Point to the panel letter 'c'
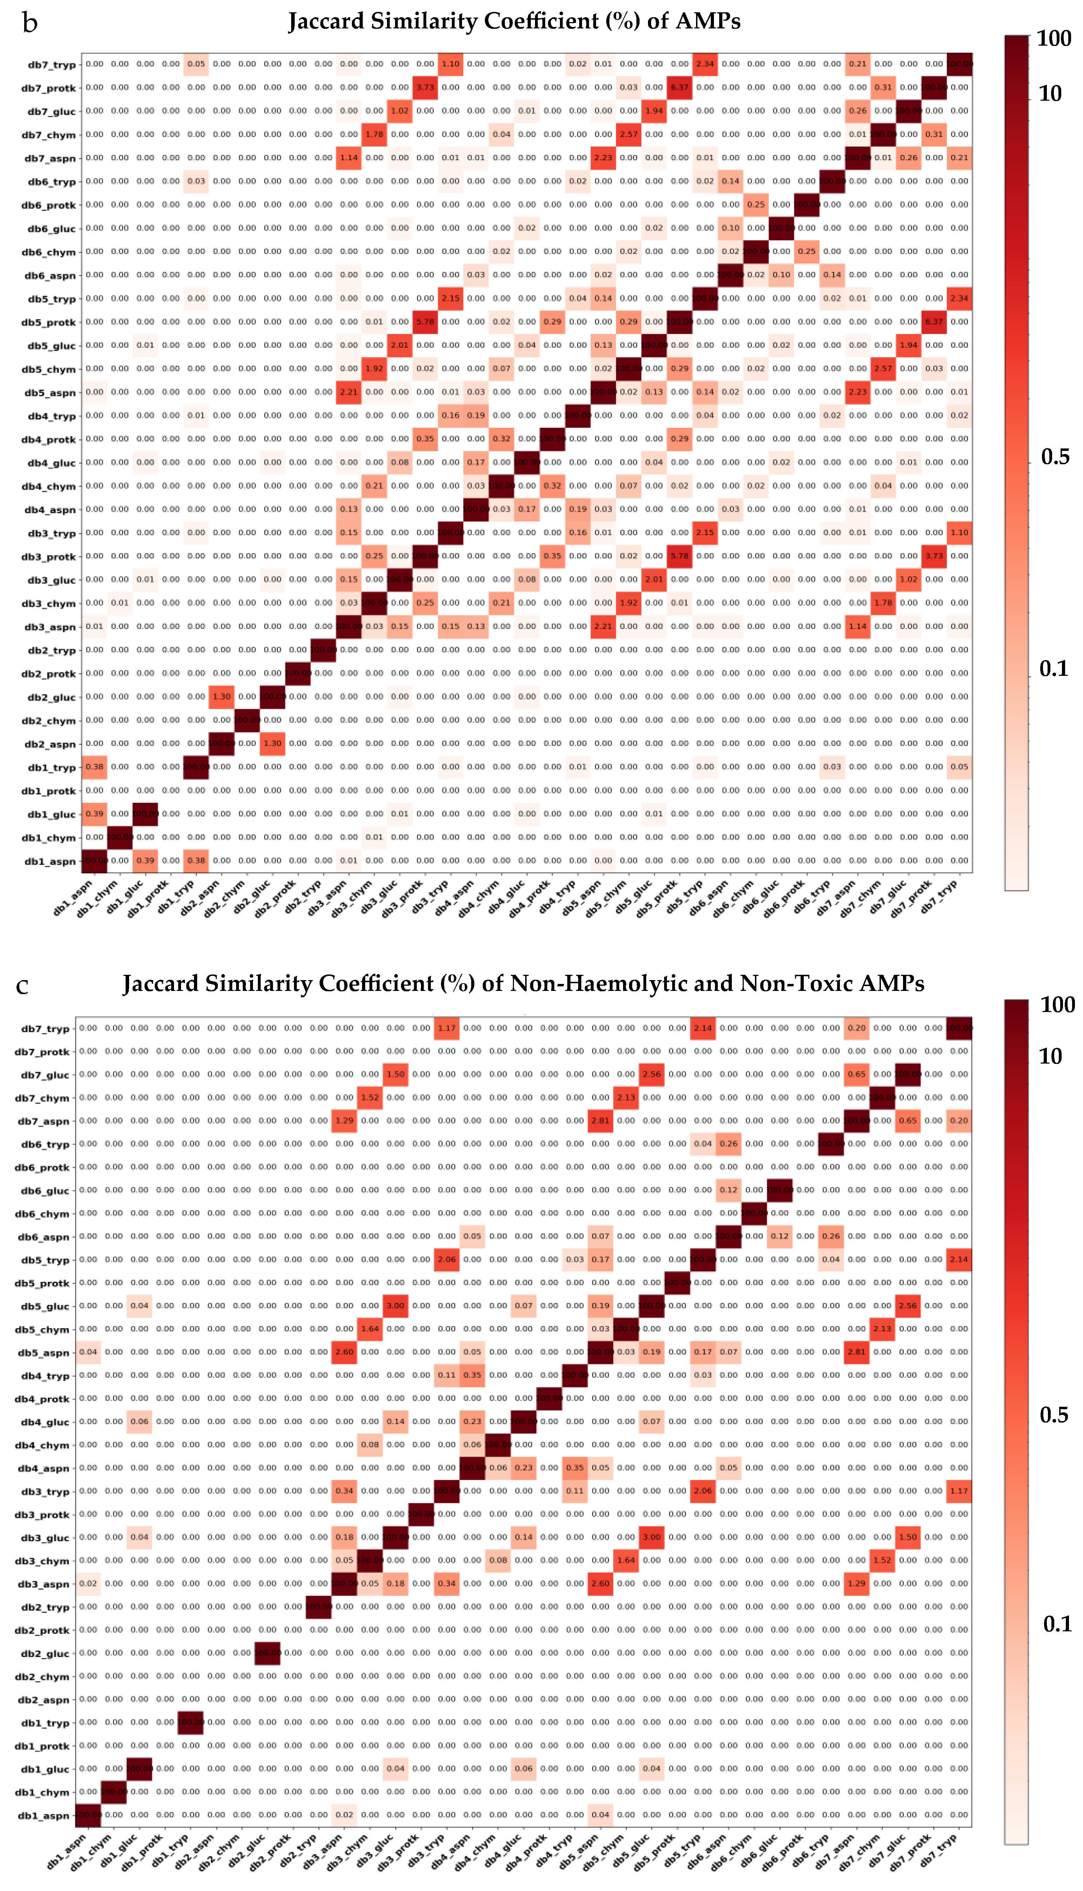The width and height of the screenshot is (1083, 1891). [x=22, y=986]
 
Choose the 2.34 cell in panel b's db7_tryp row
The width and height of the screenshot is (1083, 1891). [x=704, y=64]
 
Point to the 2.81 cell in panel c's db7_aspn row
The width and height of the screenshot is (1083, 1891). [x=600, y=1121]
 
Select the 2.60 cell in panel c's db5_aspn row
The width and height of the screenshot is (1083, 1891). [x=345, y=1352]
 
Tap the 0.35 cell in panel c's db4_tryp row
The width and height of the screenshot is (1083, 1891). [x=472, y=1376]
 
